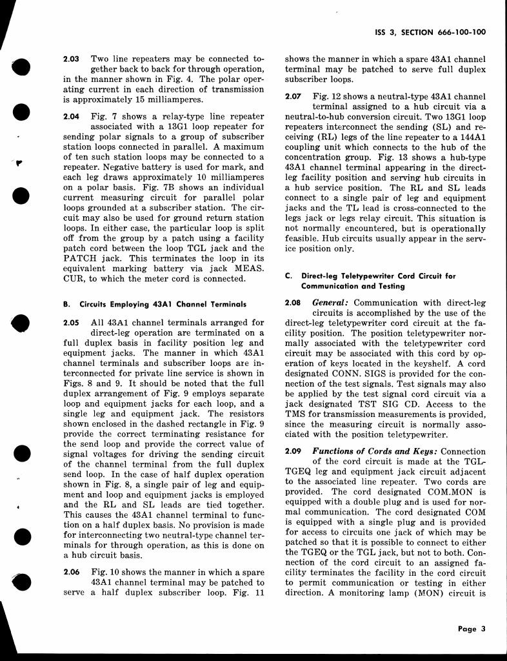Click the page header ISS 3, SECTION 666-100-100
pos(430,31)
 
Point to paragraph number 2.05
pos(71,321)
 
